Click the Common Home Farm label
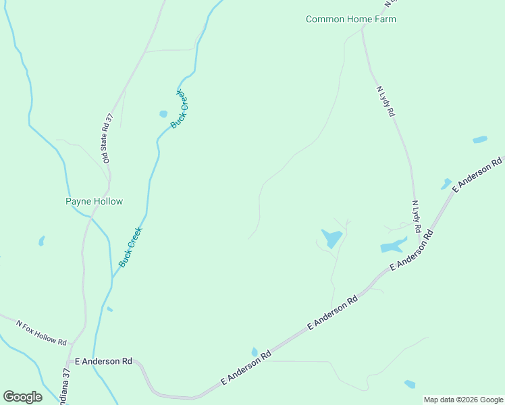(x=350, y=19)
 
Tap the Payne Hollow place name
(x=94, y=201)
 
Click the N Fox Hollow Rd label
(x=42, y=332)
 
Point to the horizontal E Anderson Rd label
(x=103, y=361)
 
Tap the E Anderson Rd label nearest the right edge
(x=478, y=174)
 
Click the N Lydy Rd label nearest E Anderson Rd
(x=416, y=217)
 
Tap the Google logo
(x=22, y=396)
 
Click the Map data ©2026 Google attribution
(x=463, y=400)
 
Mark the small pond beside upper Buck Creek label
(x=163, y=114)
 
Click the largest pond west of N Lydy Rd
(x=331, y=238)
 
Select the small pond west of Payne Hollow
(x=42, y=240)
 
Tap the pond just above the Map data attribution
(x=410, y=384)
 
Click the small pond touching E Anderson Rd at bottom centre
(x=255, y=352)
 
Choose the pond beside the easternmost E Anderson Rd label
(x=446, y=184)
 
